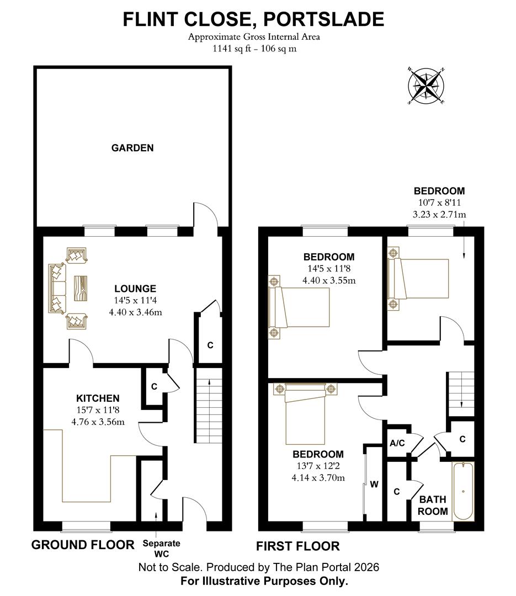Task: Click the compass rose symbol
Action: click(427, 86)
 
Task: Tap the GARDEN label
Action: click(132, 148)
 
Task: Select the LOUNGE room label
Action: click(135, 289)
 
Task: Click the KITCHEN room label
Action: click(98, 398)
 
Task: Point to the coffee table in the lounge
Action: click(80, 287)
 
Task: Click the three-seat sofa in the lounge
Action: click(57, 288)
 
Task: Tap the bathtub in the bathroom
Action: click(463, 491)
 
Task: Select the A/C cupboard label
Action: click(397, 443)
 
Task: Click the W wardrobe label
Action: click(374, 485)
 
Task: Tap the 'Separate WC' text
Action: click(162, 548)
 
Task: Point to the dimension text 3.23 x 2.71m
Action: click(440, 214)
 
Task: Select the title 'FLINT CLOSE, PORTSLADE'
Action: click(253, 19)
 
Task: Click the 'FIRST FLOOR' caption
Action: click(298, 546)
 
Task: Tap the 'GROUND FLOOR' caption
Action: click(83, 545)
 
